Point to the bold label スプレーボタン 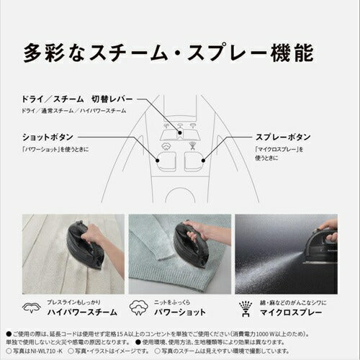pyautogui.click(x=283, y=136)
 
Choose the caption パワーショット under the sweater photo pyautogui.click(x=189, y=312)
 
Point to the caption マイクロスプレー pyautogui.click(x=295, y=312)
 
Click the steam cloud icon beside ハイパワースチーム pyautogui.click(x=32, y=307)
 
